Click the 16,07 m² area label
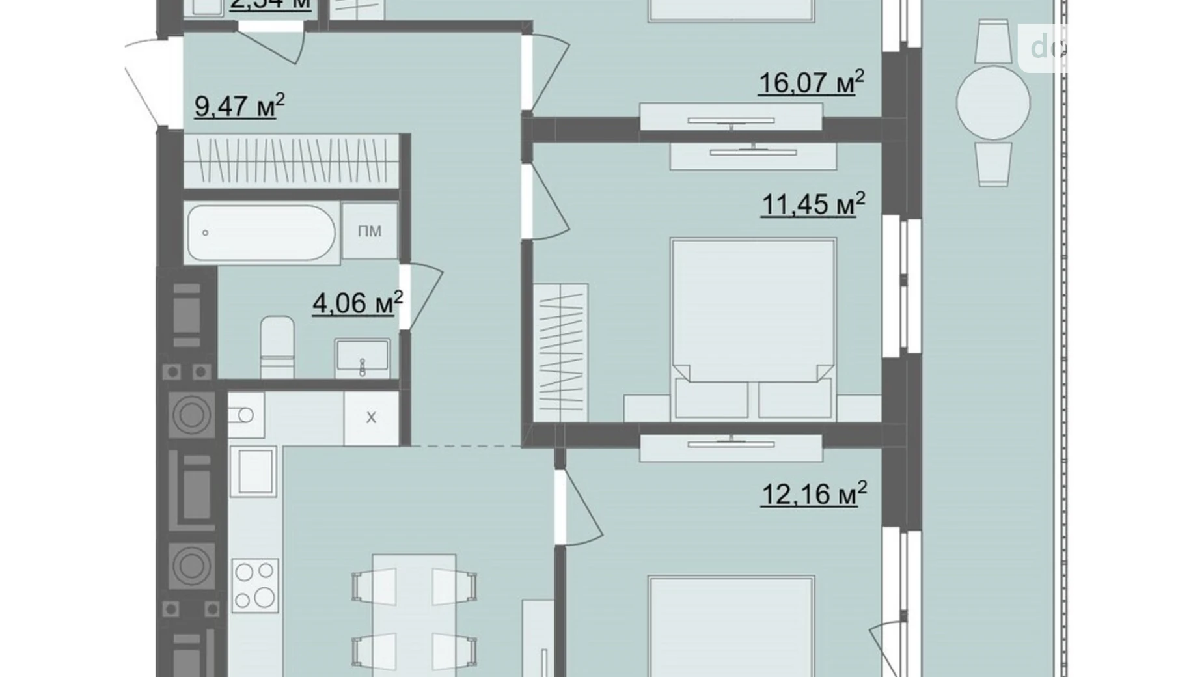[811, 83]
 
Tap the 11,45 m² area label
[813, 204]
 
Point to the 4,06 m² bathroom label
[357, 303]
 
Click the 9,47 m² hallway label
[239, 105]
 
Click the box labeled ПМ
[370, 231]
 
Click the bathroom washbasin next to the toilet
[363, 357]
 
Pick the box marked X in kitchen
[371, 417]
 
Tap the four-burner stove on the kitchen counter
[255, 585]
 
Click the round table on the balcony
[992, 103]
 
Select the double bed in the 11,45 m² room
[753, 325]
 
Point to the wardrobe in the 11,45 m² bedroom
[561, 352]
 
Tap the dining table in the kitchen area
[414, 612]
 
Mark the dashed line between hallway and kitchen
[465, 446]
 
